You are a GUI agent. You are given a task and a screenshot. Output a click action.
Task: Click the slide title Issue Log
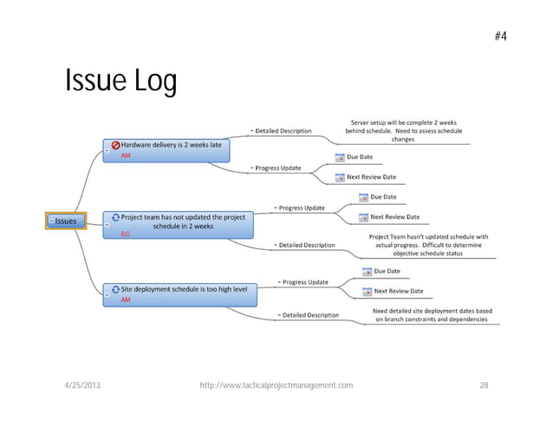121,82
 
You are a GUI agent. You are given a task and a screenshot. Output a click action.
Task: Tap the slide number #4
500,36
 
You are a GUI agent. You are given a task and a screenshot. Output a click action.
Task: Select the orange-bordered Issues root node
66,221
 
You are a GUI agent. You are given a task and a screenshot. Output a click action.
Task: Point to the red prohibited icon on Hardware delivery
114,145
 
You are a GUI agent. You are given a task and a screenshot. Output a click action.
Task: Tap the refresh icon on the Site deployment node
114,288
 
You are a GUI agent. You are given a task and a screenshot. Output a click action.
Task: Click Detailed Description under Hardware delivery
283,131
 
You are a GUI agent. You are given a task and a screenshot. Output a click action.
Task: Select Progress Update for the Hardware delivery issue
278,168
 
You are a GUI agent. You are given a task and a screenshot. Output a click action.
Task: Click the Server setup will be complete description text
403,131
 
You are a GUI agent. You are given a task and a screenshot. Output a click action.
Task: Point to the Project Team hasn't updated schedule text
428,245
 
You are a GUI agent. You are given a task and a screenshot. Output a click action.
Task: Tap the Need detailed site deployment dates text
432,315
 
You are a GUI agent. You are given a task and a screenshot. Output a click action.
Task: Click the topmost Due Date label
360,157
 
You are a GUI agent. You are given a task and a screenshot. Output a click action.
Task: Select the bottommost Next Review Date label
398,292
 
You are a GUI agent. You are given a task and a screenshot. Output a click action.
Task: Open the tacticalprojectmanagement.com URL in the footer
276,385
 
